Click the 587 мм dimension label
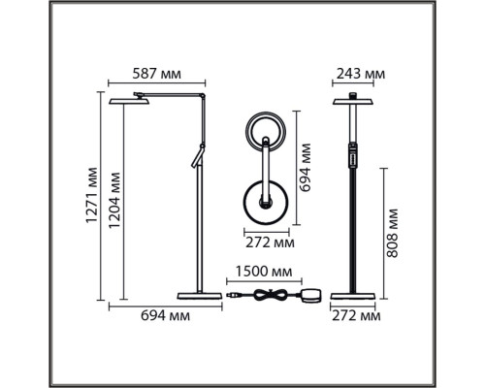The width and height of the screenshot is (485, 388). click(x=157, y=74)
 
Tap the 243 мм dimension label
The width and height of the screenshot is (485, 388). click(x=361, y=74)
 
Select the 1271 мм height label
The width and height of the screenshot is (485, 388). click(x=92, y=195)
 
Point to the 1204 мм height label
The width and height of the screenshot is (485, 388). click(x=114, y=201)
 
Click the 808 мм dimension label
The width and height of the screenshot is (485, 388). click(x=393, y=233)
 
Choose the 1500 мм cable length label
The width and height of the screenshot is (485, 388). click(x=264, y=272)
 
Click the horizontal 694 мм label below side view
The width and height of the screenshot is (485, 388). click(x=165, y=315)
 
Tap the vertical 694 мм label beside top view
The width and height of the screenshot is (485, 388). click(x=305, y=168)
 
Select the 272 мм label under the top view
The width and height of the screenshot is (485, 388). click(x=270, y=242)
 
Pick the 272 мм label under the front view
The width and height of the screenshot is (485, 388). click(x=356, y=315)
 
